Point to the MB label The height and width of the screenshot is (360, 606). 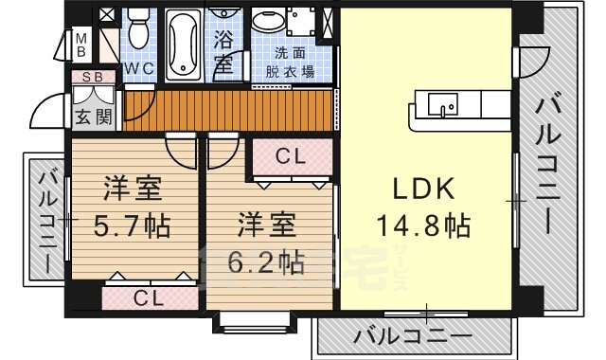82,44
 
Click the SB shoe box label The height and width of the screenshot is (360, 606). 92,77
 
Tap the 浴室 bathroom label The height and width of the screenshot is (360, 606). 223,53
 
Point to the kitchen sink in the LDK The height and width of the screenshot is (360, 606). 440,103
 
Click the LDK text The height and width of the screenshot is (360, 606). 424,189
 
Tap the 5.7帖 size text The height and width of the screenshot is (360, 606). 133,228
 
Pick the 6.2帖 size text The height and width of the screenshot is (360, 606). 267,261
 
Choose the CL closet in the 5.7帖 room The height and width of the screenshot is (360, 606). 149,297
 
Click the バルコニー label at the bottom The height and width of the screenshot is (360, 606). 413,336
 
